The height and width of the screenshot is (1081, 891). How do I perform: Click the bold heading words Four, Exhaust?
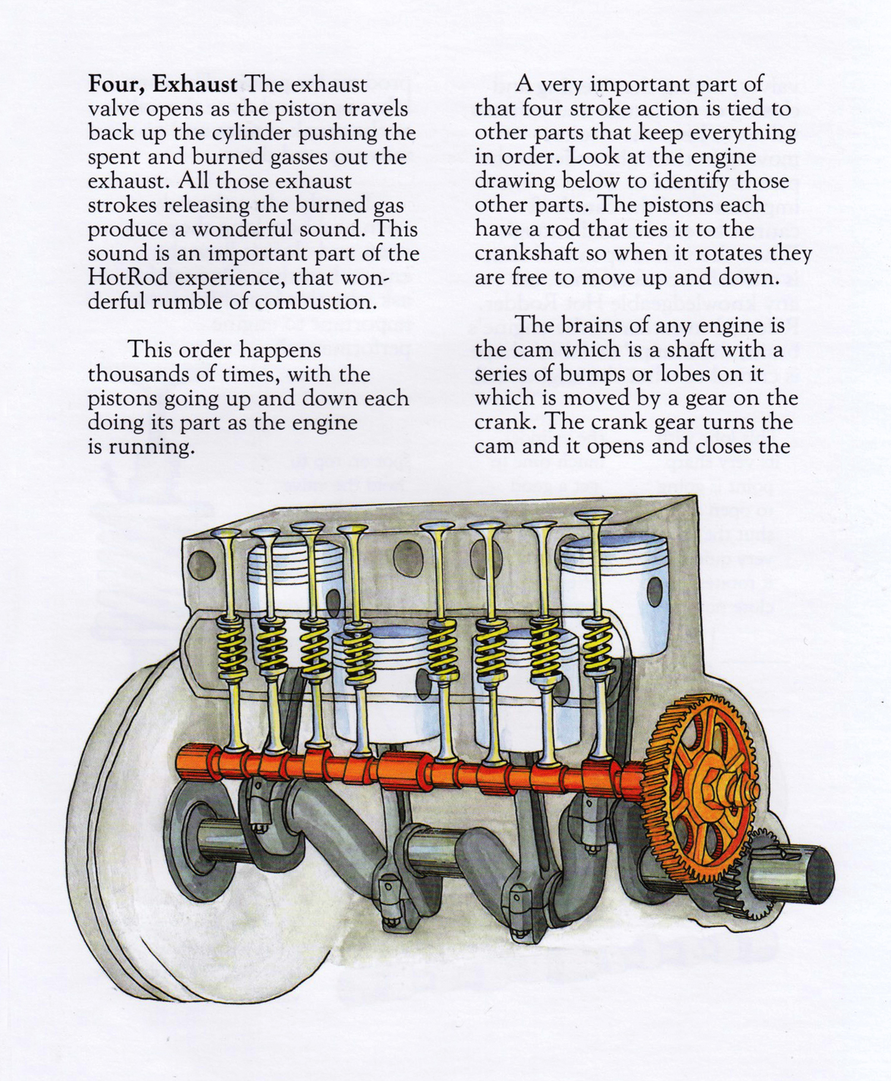tap(162, 84)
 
